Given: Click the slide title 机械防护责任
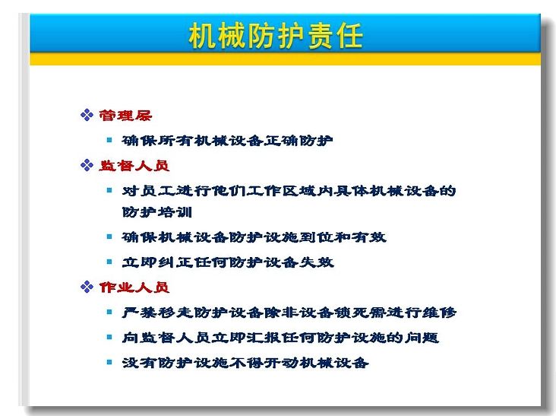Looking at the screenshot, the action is (276, 36).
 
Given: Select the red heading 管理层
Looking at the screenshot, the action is (125, 116).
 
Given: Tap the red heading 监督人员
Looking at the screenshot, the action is (134, 165).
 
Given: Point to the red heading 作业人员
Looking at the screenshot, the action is (134, 287).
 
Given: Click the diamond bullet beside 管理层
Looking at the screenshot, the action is (87, 115).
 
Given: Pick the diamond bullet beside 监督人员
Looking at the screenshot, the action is (87, 165).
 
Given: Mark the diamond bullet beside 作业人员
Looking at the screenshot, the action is (87, 287).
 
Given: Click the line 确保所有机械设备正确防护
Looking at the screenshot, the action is (227, 141).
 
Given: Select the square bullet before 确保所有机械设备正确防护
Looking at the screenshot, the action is (109, 140).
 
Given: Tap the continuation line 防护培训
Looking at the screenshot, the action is (157, 212).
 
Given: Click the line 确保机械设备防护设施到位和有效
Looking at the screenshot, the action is (254, 237).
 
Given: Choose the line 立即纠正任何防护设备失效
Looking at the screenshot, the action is (228, 262).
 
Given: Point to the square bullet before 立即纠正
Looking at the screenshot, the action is (109, 262).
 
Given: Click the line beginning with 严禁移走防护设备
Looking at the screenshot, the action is (289, 313).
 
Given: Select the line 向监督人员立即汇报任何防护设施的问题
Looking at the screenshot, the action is (280, 338).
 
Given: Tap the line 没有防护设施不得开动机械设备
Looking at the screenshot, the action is (245, 363).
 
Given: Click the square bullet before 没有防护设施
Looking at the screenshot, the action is (109, 363).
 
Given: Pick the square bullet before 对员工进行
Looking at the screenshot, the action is (109, 191).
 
